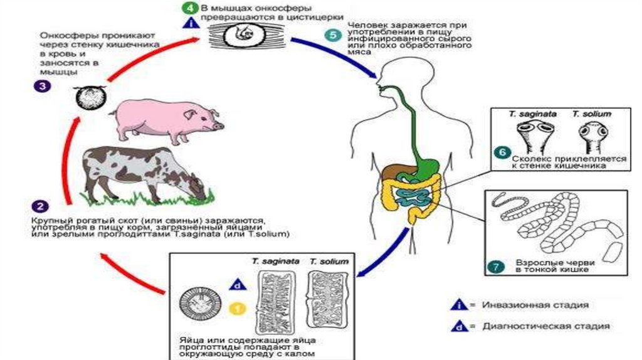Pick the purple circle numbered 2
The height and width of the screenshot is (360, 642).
tap(39, 206)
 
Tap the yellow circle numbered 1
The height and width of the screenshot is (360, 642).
tap(236, 308)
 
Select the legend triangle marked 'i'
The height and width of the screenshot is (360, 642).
tap(460, 305)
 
